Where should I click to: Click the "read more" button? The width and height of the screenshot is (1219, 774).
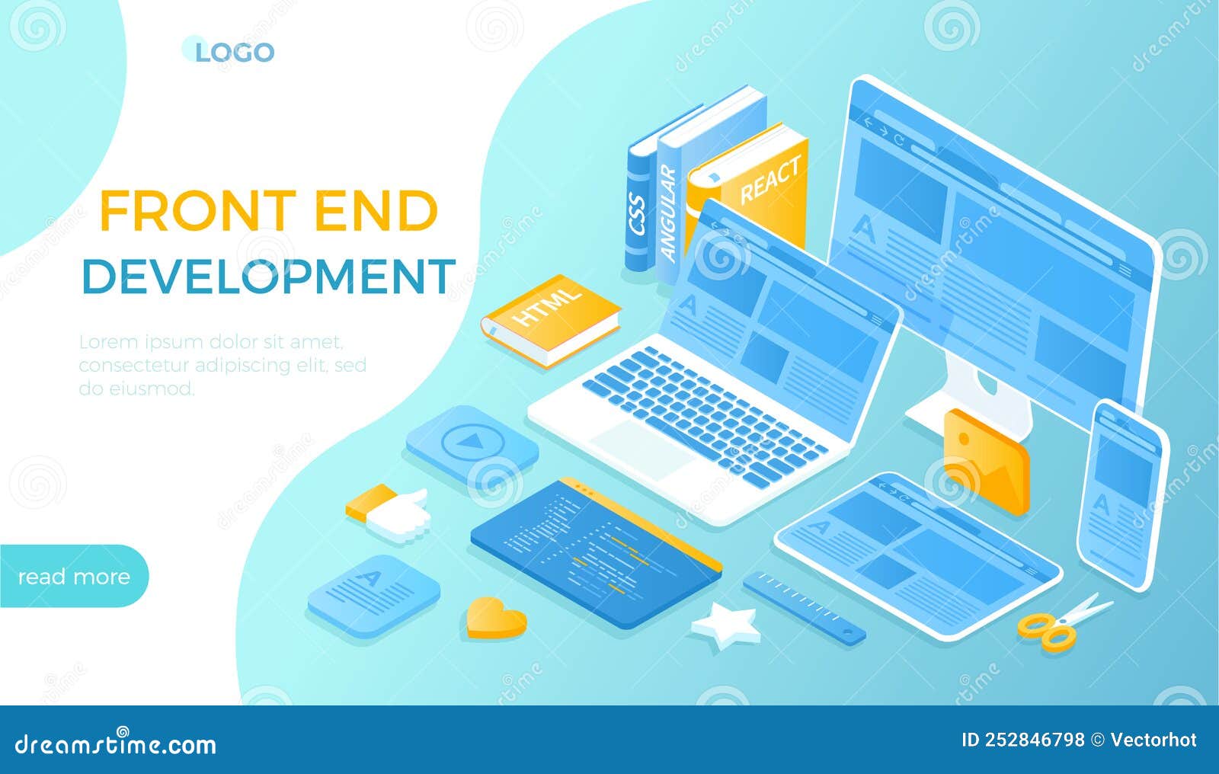coord(74,577)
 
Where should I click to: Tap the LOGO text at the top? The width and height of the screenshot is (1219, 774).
coord(234,53)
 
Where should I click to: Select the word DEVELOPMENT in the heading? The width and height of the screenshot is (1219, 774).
coord(268,276)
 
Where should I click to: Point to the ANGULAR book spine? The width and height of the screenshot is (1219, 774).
coord(669,213)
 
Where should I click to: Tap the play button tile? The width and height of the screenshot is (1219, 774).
coord(471,443)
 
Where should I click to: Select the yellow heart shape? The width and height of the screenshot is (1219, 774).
coord(496,617)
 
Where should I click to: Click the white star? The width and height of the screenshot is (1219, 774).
coord(725,626)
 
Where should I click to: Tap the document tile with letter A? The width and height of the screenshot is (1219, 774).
coord(374,595)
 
